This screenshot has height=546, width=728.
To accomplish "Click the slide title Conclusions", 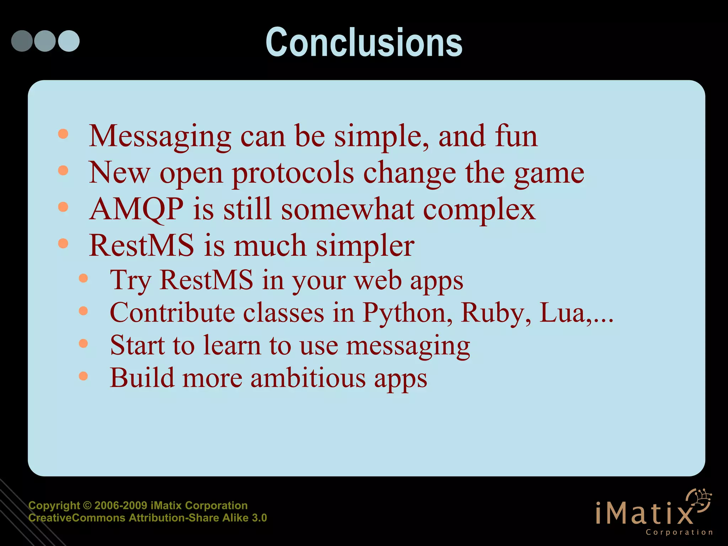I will tap(364, 43).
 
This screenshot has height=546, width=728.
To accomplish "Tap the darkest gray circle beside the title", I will tap(22, 41).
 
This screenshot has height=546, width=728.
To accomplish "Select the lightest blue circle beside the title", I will tap(69, 41).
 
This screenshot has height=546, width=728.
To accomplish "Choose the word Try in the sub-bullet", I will tap(130, 281).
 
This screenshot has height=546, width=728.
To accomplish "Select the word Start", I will tap(137, 345).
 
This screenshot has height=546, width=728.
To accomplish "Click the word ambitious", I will tap(308, 378).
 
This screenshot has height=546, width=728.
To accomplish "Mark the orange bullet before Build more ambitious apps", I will tap(83, 376).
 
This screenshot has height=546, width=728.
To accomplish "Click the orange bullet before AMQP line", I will tap(63, 207).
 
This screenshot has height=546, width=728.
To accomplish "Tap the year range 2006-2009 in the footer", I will tap(121, 505).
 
